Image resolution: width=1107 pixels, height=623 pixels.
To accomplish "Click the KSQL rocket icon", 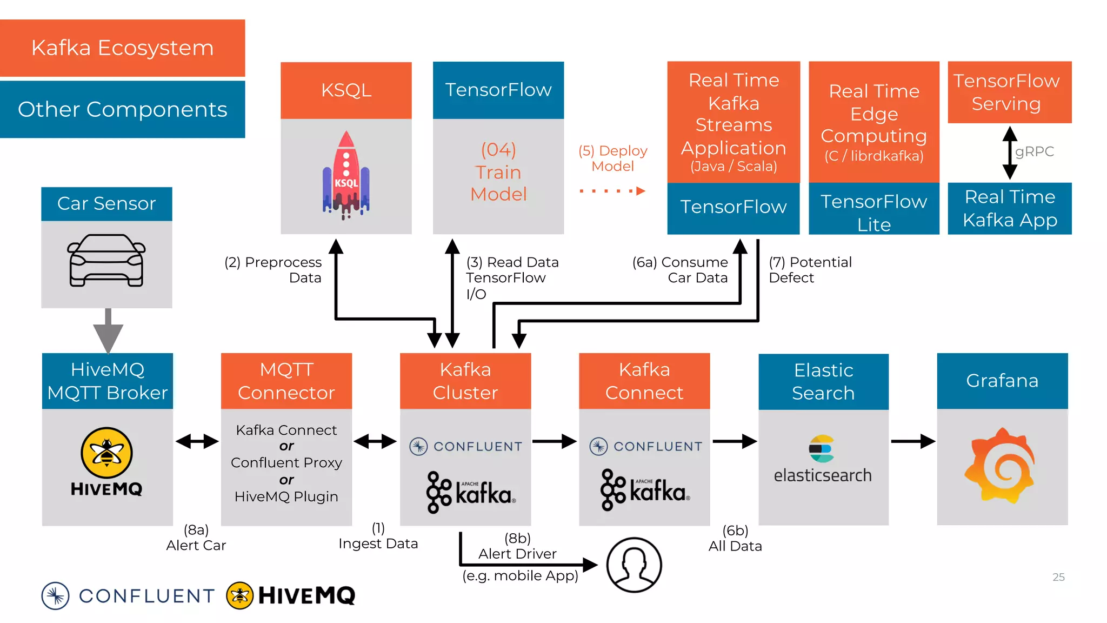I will (346, 175).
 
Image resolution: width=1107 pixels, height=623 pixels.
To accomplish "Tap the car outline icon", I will (106, 260).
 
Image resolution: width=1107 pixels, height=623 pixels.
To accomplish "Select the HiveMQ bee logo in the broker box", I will (106, 453).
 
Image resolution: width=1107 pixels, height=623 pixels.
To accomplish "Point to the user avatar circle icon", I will (633, 565).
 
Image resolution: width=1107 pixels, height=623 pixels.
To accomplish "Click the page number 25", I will (1058, 577).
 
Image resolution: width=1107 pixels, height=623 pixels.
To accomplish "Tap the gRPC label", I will (1035, 151).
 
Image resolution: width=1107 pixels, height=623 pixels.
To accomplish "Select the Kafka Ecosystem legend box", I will (123, 48).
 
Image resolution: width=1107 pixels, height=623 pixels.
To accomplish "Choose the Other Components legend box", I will (123, 109).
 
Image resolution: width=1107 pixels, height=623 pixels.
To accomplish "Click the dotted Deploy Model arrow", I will (612, 191).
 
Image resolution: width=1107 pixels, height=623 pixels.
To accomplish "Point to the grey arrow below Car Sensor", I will (108, 330).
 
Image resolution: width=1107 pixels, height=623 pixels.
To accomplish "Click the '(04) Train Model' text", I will (498, 172).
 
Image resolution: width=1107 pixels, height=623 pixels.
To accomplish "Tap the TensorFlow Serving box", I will (1009, 92).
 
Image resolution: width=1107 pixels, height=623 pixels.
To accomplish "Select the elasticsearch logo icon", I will (822, 449).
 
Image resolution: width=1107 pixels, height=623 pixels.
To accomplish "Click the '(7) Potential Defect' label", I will (809, 270).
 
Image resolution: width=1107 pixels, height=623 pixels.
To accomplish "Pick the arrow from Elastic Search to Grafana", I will (912, 441).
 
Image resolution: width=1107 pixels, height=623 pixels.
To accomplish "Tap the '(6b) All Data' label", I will (735, 538).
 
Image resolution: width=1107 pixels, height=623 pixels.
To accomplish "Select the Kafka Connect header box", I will (644, 381).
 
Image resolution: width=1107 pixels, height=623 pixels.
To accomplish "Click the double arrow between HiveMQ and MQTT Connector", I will (197, 441).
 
